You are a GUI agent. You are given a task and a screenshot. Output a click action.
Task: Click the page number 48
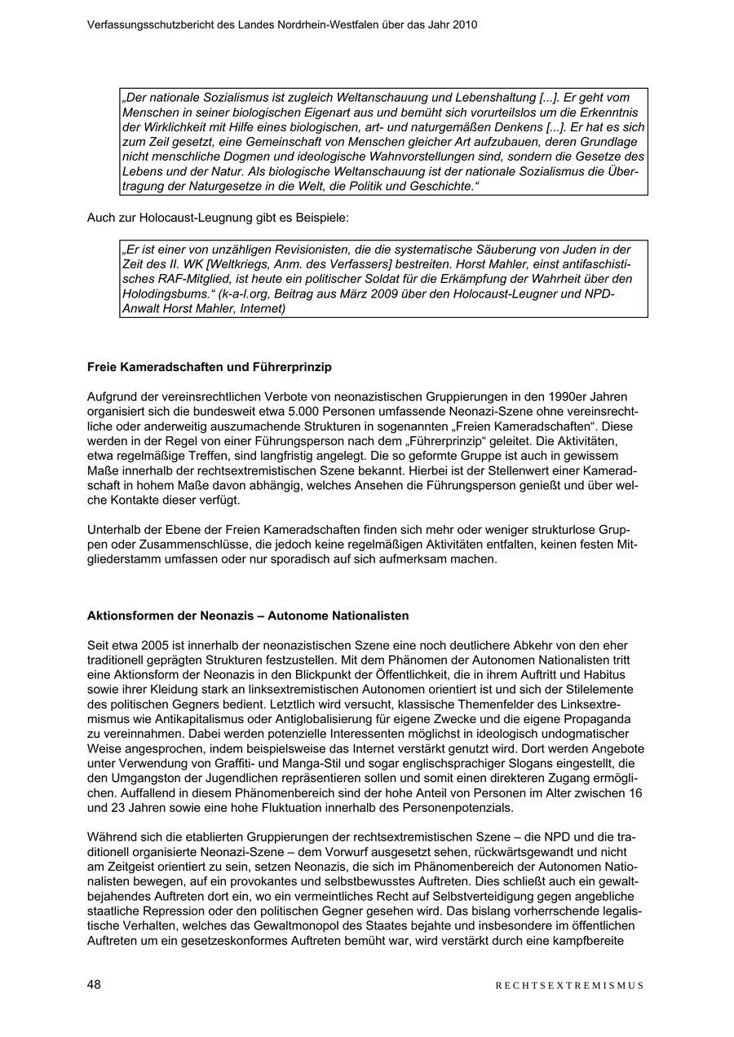[x=95, y=984]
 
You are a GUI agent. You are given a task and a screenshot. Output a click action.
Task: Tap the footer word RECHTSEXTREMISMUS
[x=569, y=985]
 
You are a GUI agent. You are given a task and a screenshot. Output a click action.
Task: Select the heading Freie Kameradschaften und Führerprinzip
[x=210, y=367]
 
